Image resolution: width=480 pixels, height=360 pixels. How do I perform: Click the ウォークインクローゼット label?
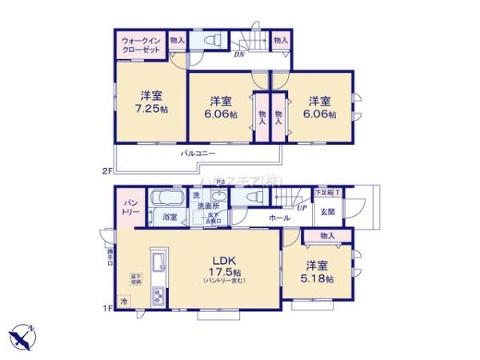(x=141, y=44)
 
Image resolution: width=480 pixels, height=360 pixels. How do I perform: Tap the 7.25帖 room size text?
(x=150, y=110)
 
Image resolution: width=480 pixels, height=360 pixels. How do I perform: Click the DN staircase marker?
(x=239, y=54)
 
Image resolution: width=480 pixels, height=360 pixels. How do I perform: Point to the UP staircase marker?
(x=302, y=207)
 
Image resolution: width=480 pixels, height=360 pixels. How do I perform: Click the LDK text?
(x=222, y=260)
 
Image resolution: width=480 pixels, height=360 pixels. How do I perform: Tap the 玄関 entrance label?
(x=329, y=212)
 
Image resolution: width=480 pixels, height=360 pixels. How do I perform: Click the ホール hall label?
(x=279, y=218)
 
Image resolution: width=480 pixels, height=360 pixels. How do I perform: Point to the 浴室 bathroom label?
(x=170, y=217)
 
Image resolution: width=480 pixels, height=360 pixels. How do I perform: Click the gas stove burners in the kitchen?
(x=158, y=298)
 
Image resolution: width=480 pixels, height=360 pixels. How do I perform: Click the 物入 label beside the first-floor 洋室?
(x=327, y=235)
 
